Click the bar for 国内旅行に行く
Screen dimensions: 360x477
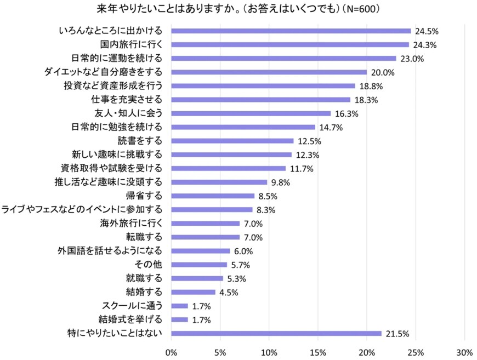290,44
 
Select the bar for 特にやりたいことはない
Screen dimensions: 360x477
276,333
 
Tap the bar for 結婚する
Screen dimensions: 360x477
194,292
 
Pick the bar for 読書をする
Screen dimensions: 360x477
232,141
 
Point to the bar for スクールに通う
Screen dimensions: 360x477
180,306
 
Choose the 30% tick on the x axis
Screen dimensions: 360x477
464,351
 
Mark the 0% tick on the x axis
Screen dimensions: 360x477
172,351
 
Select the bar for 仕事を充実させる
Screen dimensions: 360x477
261,100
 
